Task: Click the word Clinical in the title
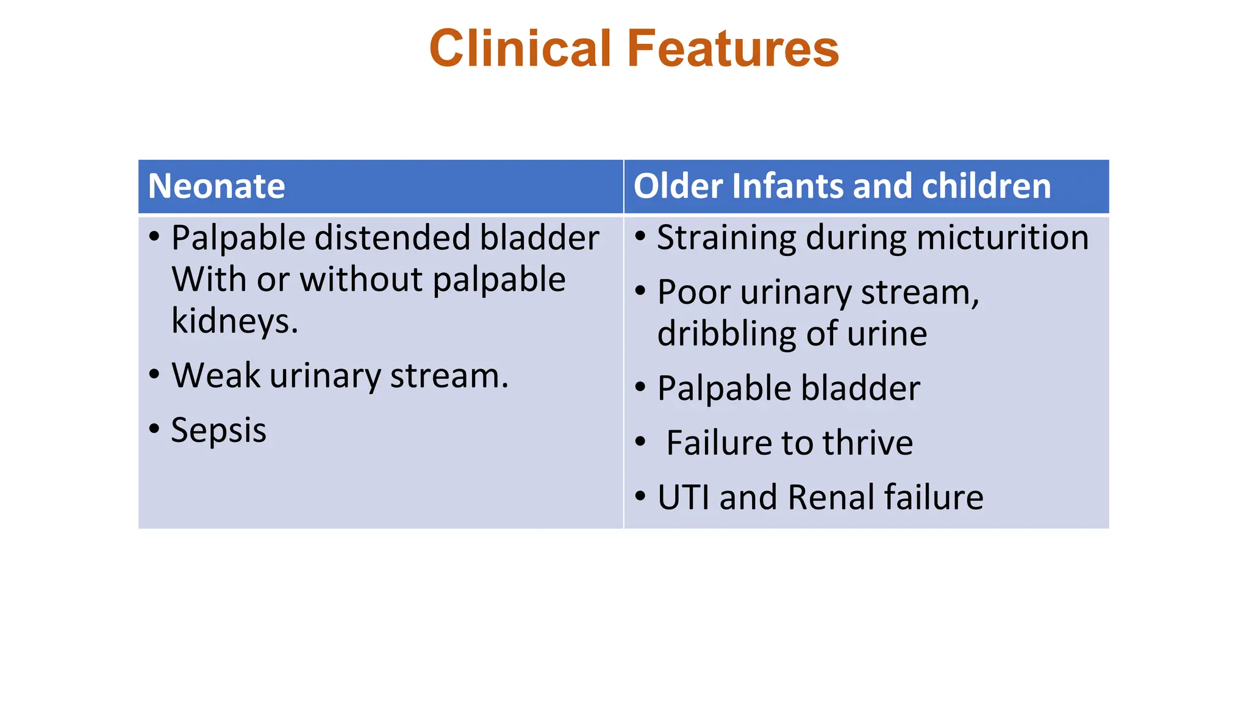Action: [520, 49]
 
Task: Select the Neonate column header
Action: [217, 186]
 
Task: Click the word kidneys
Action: [234, 321]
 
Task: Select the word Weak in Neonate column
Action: [216, 375]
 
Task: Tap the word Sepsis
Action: [218, 430]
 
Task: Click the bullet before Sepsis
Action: [154, 428]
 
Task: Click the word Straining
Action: [726, 238]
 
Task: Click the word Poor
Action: [694, 292]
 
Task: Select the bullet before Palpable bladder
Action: [640, 387]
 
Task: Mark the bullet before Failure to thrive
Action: [640, 441]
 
